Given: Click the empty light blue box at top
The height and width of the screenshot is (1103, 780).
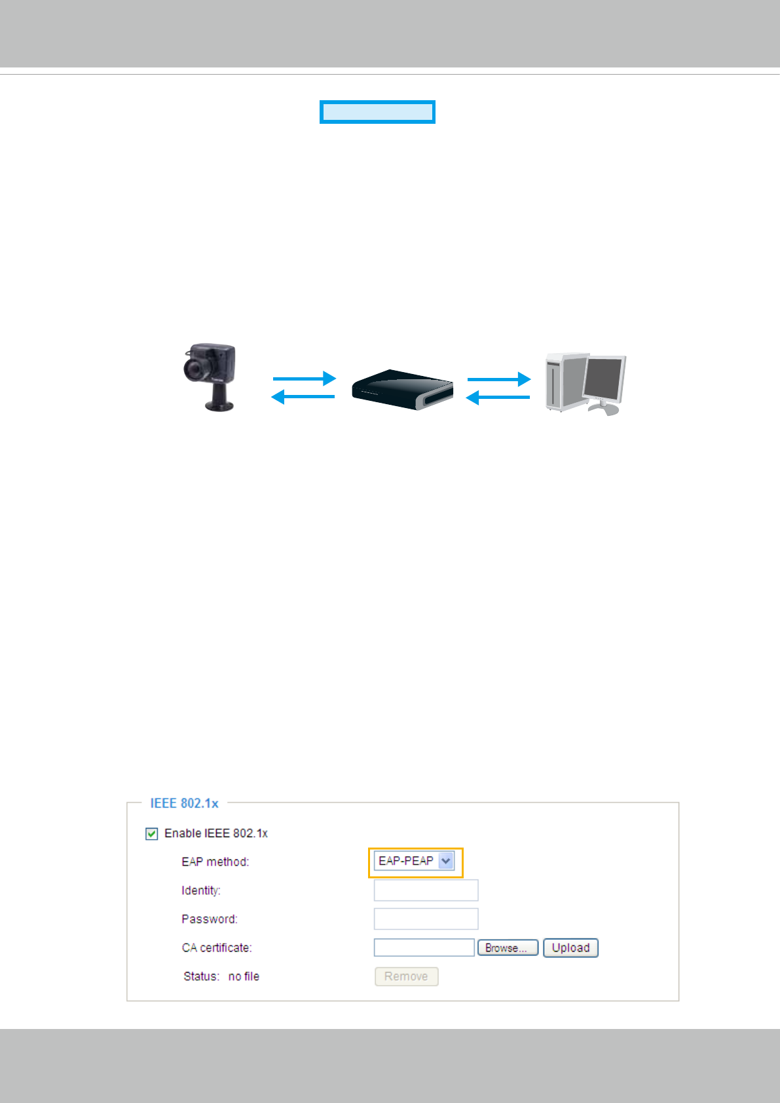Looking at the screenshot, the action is click(377, 112).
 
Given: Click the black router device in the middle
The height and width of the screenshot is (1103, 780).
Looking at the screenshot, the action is click(402, 390).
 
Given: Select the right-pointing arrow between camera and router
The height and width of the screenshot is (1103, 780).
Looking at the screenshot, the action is click(304, 379).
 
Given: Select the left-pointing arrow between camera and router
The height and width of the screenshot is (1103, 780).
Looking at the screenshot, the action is click(303, 396).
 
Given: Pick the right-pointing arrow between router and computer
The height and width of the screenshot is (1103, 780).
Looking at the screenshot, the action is click(498, 379).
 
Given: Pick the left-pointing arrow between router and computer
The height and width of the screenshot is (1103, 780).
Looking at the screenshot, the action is click(498, 397).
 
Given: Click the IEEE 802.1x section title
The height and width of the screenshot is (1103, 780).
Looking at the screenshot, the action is click(184, 803).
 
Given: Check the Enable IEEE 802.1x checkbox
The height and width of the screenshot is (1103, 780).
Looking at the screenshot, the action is click(152, 834).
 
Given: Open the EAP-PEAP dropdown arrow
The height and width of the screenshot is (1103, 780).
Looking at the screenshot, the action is click(446, 861).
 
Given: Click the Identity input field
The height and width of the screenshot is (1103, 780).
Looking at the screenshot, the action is click(426, 890).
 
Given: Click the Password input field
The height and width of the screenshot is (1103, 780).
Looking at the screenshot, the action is click(426, 919).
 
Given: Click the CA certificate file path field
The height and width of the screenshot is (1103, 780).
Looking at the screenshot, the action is click(424, 948).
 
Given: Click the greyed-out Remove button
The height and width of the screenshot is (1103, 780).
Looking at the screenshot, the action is click(406, 977).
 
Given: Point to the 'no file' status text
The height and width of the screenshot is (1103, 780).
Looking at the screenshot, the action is click(244, 977).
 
